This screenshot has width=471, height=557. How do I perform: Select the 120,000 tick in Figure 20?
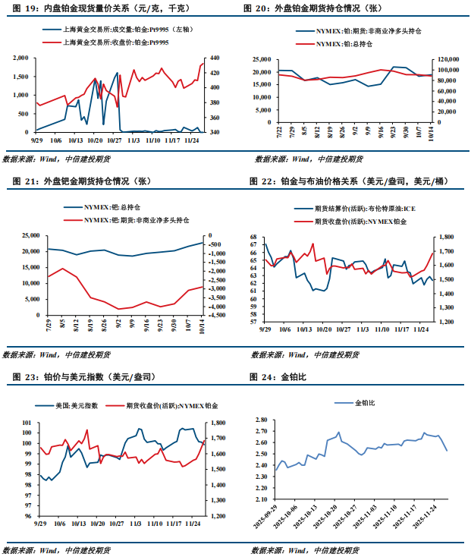point(448,58)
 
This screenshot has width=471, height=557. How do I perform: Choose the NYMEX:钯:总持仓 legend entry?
point(118,206)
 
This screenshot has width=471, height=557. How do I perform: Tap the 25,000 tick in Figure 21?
point(30,236)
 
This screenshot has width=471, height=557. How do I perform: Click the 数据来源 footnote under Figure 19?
point(57,159)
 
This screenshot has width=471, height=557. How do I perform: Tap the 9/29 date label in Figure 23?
point(40,523)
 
